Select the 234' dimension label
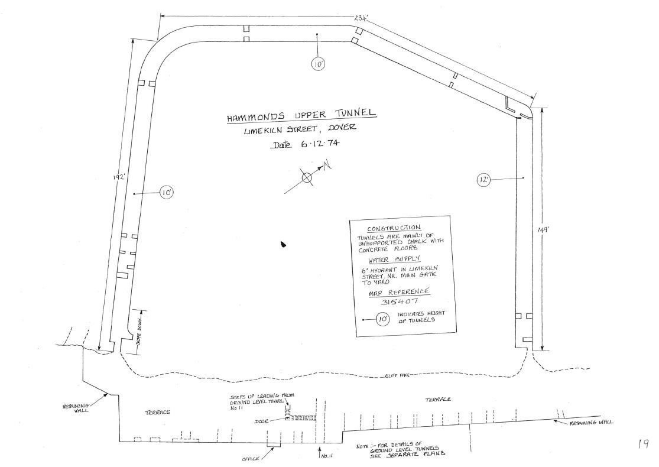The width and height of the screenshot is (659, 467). click(361, 18)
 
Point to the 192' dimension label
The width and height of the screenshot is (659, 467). click(119, 177)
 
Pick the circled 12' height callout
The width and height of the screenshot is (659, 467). click(483, 180)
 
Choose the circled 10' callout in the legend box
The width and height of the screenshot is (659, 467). click(382, 319)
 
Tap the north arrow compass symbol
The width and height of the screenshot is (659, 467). click(308, 178)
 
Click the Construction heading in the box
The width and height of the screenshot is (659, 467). click(394, 228)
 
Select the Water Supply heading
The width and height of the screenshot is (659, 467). click(394, 260)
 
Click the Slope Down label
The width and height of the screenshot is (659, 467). click(138, 332)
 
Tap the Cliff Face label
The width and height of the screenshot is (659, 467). click(397, 375)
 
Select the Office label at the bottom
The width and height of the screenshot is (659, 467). click(250, 459)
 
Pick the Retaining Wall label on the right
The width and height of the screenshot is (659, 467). click(592, 423)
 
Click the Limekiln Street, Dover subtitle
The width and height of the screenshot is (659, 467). click(300, 129)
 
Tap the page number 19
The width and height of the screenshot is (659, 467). click(643, 444)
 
